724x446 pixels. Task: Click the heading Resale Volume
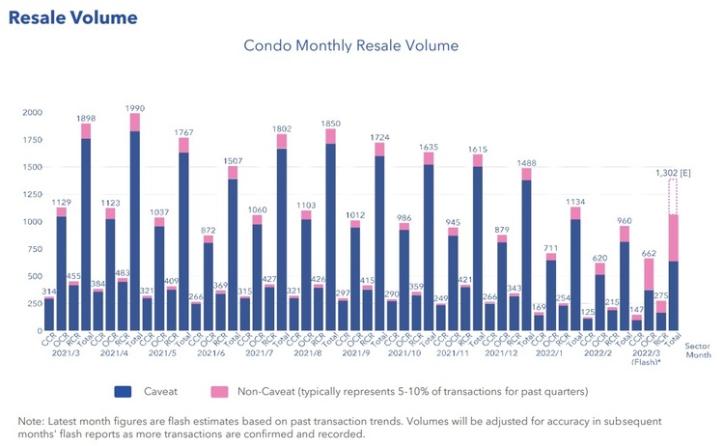[72, 18]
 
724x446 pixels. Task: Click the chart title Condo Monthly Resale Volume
[350, 45]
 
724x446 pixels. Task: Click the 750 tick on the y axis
[31, 249]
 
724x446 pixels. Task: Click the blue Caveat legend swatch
[124, 392]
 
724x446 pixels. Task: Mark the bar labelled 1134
[575, 270]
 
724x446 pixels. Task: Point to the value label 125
[587, 311]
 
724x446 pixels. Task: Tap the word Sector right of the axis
[697, 344]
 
